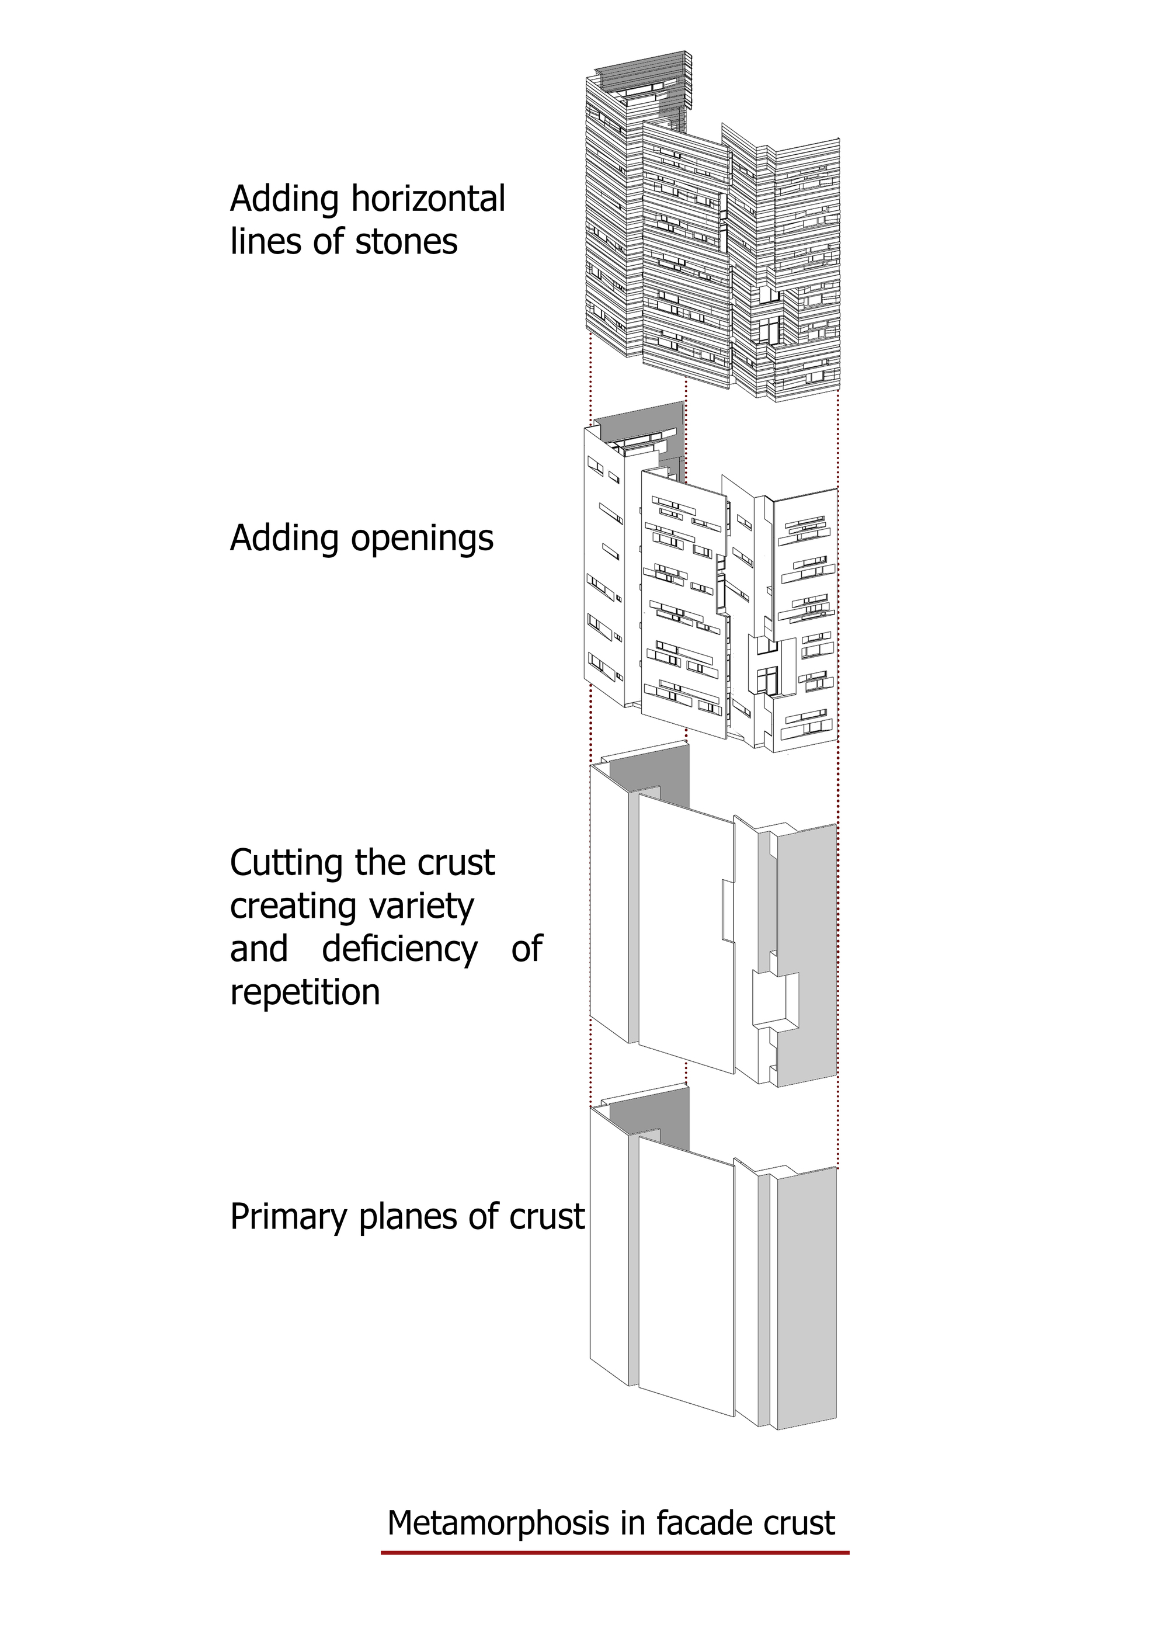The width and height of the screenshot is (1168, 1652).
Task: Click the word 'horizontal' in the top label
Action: [x=428, y=199]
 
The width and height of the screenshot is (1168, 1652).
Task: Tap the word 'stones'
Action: [x=406, y=242]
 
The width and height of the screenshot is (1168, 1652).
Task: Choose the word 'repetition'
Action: [x=305, y=992]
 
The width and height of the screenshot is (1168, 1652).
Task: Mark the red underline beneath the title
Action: [x=615, y=1553]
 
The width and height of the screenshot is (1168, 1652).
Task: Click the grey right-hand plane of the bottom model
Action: [x=807, y=1295]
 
